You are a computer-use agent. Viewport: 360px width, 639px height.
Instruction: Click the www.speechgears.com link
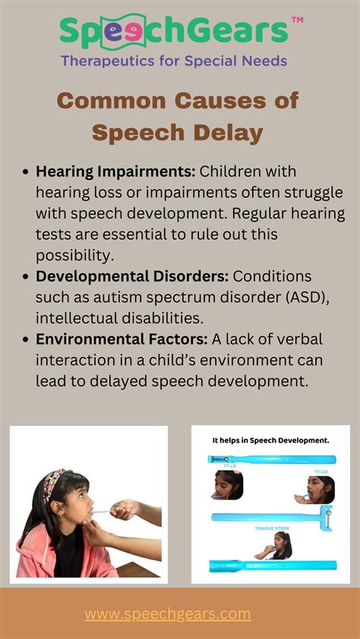[168, 614]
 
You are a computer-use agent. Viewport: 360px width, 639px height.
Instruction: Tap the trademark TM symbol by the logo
[297, 20]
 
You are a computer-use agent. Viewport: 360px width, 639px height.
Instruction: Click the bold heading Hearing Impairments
[115, 172]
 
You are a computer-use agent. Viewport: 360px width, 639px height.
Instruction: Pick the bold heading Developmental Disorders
[132, 277]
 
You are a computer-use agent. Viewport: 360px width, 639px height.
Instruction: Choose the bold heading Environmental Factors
[122, 339]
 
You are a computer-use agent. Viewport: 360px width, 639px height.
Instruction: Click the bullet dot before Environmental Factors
[26, 340]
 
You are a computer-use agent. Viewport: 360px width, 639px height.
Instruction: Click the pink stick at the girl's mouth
[103, 512]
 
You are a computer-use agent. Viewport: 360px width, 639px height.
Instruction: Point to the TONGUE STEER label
[272, 528]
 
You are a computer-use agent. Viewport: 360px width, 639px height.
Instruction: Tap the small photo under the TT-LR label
[227, 484]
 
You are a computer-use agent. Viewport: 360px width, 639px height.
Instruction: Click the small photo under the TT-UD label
[314, 489]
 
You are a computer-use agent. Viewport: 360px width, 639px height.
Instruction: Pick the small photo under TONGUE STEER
[273, 545]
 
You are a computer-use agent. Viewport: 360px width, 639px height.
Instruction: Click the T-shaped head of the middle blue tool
[326, 518]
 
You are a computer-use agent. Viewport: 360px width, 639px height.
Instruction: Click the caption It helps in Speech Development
[270, 440]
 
